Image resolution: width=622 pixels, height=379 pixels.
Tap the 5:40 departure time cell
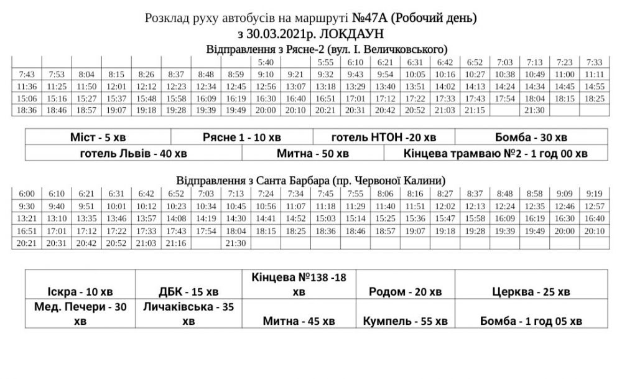266,62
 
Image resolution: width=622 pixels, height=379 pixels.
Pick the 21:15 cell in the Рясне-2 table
475,110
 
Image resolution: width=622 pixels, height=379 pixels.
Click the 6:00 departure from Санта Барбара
27,193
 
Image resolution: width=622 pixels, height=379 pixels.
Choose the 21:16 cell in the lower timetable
176,243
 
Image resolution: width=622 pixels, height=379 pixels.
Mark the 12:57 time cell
595,206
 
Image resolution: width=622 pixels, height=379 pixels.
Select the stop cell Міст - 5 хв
98,137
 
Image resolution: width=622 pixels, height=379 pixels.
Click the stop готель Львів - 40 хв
134,153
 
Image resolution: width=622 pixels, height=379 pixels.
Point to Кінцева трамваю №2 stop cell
496,153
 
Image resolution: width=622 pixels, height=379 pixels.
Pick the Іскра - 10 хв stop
80,291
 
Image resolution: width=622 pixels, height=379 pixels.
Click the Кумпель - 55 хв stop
406,321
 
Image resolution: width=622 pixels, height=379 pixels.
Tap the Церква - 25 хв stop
531,291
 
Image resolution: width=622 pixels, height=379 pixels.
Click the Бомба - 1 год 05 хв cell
531,321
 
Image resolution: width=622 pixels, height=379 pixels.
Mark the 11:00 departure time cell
565,74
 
